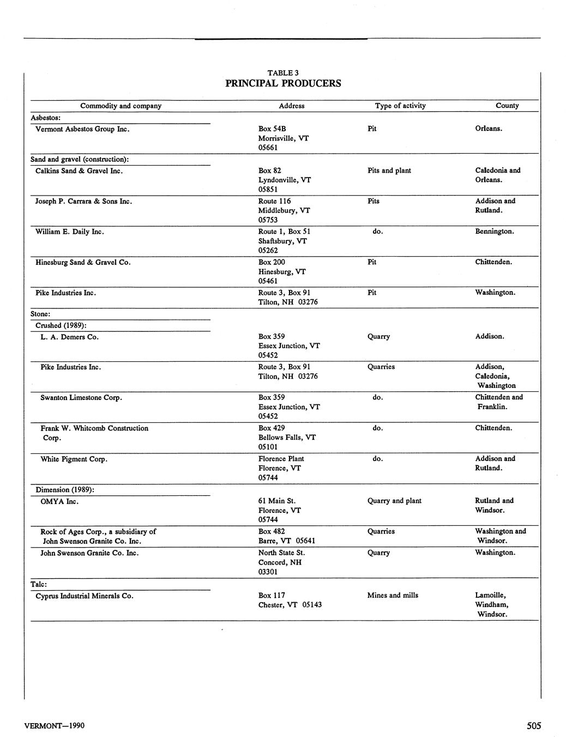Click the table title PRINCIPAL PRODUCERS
pos(283,83)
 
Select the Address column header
pos(291,106)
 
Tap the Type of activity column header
pos(400,106)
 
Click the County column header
pos(507,106)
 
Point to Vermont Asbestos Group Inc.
pos(82,129)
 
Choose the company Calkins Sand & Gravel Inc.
pos(79,171)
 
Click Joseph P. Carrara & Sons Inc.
pos(84,202)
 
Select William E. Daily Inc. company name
pos(70,232)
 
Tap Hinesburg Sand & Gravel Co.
pos(83,263)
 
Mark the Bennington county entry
pos(495,232)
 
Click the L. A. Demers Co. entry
pos(69,337)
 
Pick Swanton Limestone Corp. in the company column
pos(81,398)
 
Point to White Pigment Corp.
pos(74,459)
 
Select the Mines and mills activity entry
pos(393,596)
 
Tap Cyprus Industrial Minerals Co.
pos(85,596)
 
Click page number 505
pos(534,726)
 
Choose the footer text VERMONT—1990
pos(55,726)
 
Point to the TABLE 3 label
pos(283,73)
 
